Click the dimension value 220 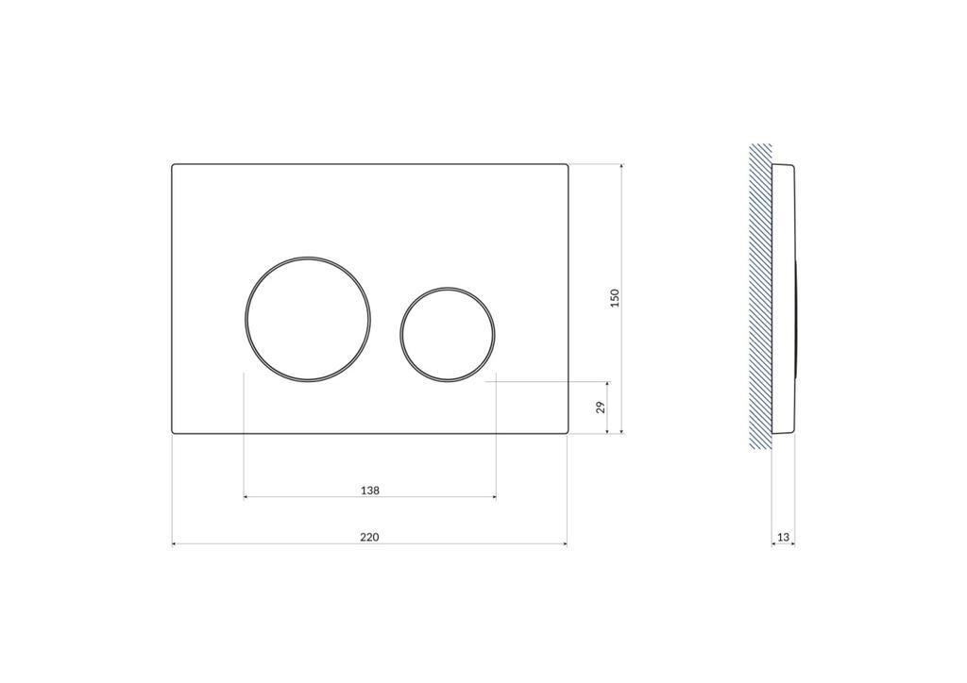point(369,537)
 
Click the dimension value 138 point(370,490)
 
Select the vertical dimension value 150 point(615,298)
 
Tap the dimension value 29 point(600,408)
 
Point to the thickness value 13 point(783,537)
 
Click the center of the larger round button point(308,319)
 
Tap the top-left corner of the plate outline point(173,166)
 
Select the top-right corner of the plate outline point(567,166)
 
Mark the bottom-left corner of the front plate point(173,432)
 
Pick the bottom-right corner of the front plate point(567,432)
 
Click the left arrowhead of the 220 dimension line point(175,544)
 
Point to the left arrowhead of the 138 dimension point(246,496)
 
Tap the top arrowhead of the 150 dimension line point(621,167)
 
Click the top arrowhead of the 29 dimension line point(607,384)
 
